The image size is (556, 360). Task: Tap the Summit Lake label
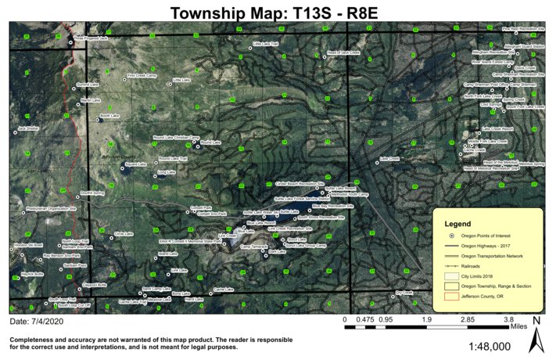point(88,84)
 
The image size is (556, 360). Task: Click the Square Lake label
point(136,164)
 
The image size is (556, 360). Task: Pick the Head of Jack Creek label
point(343,52)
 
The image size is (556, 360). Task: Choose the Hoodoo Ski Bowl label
point(28,245)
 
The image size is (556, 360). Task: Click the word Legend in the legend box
point(479,223)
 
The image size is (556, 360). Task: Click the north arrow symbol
point(536,337)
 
